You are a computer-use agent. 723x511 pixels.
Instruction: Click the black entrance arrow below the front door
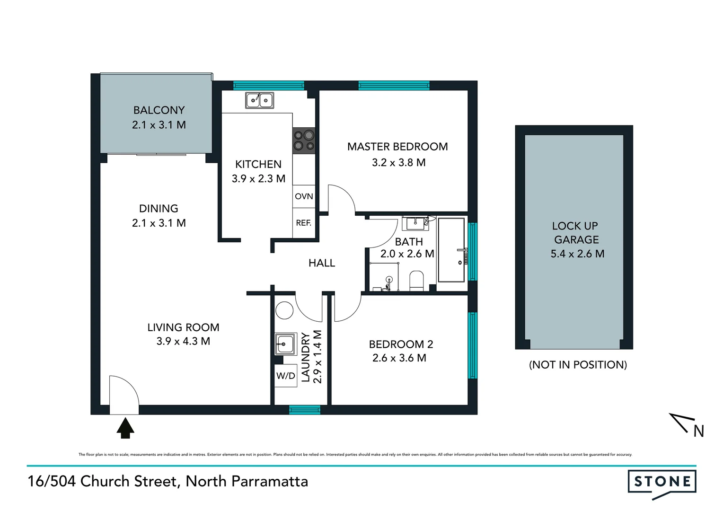tap(125, 428)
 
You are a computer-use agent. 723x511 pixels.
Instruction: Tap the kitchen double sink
tap(259, 100)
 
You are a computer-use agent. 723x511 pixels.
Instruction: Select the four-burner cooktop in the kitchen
tap(304, 141)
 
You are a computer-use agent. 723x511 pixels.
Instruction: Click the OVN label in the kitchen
tap(304, 196)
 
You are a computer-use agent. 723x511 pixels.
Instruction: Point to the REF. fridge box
tap(304, 223)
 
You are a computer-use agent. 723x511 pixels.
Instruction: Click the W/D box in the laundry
tap(286, 376)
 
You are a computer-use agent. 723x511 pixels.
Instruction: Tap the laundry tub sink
tap(285, 344)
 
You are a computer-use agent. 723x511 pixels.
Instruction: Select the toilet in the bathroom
tap(416, 281)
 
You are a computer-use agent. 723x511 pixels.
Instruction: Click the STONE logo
tap(662, 483)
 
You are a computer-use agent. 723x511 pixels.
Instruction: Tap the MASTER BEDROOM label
tap(397, 147)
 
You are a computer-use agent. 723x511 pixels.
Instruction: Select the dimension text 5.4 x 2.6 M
tap(577, 254)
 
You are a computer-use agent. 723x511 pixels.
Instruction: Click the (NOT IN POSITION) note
tap(578, 365)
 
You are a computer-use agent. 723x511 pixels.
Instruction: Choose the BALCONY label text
tap(159, 110)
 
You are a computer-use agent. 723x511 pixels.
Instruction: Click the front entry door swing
tap(123, 394)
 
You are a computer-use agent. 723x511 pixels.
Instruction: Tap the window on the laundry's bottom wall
tap(305, 410)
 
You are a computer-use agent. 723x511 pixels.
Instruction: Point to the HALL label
tap(322, 263)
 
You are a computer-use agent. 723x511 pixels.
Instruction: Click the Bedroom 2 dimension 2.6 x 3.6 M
tap(399, 358)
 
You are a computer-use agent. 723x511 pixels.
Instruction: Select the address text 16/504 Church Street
tap(102, 481)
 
